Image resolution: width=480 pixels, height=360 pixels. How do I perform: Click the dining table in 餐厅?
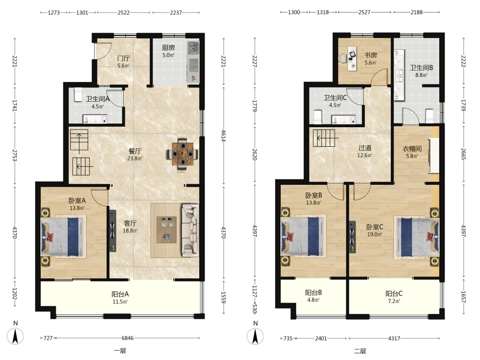tap(182, 154)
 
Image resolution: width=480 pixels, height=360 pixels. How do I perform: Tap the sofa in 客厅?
tap(191, 230)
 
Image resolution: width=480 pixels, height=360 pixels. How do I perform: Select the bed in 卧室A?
tap(63, 236)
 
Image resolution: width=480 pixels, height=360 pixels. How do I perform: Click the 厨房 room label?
tap(168, 48)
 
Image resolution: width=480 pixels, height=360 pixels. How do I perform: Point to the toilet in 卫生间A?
tap(78, 95)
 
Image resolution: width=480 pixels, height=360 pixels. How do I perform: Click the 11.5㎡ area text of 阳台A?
tap(120, 301)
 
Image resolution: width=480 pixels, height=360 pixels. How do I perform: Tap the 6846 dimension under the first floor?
tap(128, 338)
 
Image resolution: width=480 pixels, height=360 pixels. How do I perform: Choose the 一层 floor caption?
tap(120, 351)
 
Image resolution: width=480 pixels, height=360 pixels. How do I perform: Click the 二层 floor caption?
tap(360, 351)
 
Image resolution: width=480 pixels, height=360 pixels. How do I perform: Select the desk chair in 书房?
tap(342, 58)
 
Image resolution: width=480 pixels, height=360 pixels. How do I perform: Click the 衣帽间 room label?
tap(412, 149)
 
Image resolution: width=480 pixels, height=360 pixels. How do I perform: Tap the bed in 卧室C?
tap(418, 237)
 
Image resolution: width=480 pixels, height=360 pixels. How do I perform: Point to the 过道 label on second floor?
tap(365, 148)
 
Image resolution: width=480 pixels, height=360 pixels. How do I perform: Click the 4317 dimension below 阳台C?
tap(394, 338)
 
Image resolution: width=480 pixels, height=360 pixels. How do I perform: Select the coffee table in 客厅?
tap(167, 229)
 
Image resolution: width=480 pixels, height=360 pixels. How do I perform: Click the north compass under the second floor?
tap(255, 336)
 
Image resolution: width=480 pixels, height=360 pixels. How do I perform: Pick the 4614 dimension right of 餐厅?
tap(224, 136)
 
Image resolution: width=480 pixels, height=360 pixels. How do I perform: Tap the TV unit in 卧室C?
tap(352, 237)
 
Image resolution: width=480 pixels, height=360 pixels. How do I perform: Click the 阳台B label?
tap(313, 293)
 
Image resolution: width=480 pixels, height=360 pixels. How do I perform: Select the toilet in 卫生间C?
tap(318, 117)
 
